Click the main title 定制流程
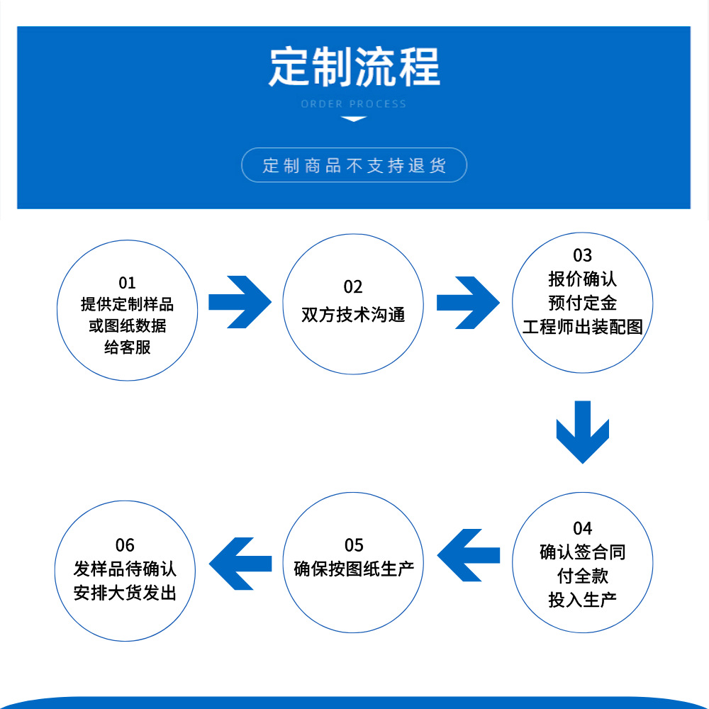pyautogui.click(x=354, y=67)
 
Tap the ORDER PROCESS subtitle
pyautogui.click(x=354, y=104)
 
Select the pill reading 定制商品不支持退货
pyautogui.click(x=354, y=165)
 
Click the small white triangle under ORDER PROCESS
pyautogui.click(x=354, y=119)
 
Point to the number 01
pyautogui.click(x=127, y=284)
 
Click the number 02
pyautogui.click(x=353, y=286)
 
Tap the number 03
pyautogui.click(x=582, y=255)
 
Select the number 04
pyautogui.click(x=582, y=528)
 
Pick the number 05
pyautogui.click(x=354, y=545)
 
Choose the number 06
pyautogui.click(x=125, y=545)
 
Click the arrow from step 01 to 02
pyautogui.click(x=240, y=302)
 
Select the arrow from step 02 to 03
pyautogui.click(x=468, y=302)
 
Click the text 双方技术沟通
pyautogui.click(x=353, y=314)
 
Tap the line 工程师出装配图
pyautogui.click(x=582, y=327)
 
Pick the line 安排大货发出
pyautogui.click(x=125, y=592)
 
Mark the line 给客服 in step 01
pyautogui.click(x=127, y=347)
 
